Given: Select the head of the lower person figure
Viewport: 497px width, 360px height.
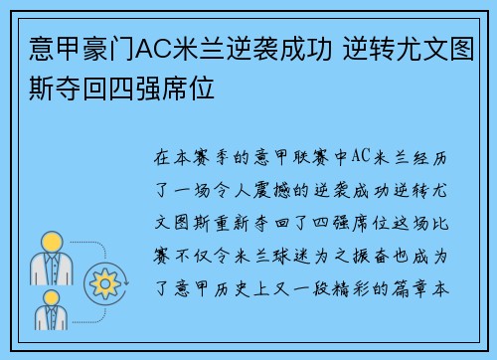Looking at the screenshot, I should [x=51, y=295].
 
